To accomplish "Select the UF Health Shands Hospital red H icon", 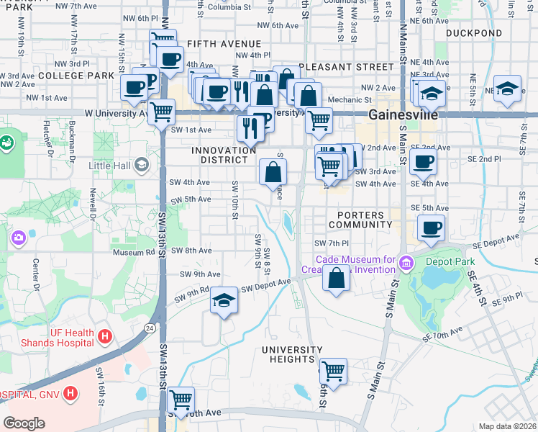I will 105,336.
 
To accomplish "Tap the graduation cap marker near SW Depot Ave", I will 224,301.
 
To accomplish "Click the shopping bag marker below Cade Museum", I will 336,278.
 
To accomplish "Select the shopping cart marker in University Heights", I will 333,372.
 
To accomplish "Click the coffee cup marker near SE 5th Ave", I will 432,229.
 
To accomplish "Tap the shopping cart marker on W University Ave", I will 162,112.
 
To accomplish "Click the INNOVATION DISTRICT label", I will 224,155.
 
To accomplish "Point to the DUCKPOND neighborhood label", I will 473,33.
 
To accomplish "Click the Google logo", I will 24,423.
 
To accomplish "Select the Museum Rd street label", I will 133,252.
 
